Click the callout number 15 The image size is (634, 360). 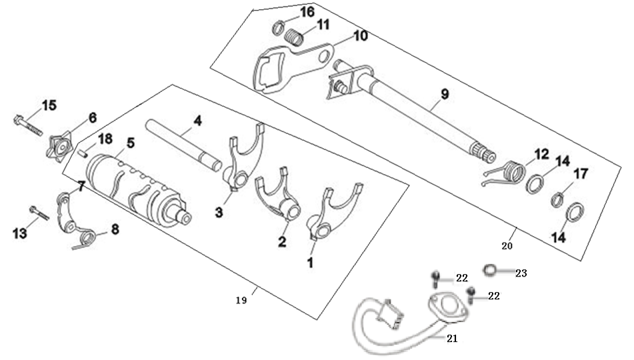tap(49, 105)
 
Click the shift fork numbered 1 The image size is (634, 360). tap(333, 213)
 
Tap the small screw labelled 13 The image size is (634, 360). tap(39, 213)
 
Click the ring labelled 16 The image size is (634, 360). tap(278, 29)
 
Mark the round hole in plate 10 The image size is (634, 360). tap(324, 56)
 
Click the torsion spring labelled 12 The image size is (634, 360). tap(505, 173)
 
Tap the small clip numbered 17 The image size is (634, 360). tap(558, 200)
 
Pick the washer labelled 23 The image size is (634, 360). tap(489, 270)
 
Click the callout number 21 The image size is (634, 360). tap(452, 338)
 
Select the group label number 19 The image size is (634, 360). tap(241, 301)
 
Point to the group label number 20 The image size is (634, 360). tap(507, 245)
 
